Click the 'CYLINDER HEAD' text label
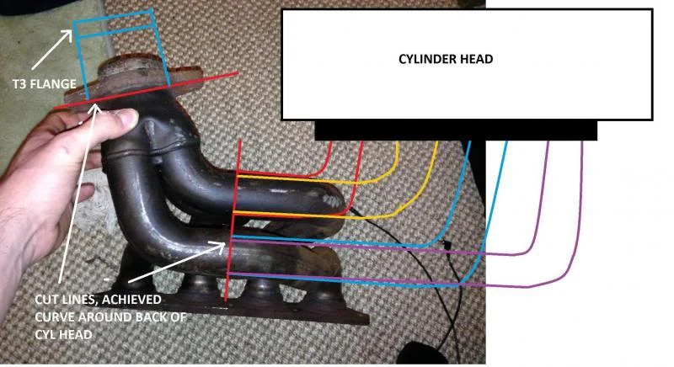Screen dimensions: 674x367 446,59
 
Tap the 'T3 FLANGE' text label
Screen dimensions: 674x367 45,83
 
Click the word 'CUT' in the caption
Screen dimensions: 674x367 46,299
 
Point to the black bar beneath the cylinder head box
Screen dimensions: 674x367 456,130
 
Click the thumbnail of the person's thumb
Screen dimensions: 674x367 130,117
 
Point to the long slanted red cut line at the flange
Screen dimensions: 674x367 146,91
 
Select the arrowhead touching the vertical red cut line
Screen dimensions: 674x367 219,247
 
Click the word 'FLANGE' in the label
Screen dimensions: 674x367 54,83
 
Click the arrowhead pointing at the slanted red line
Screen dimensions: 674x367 96,109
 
